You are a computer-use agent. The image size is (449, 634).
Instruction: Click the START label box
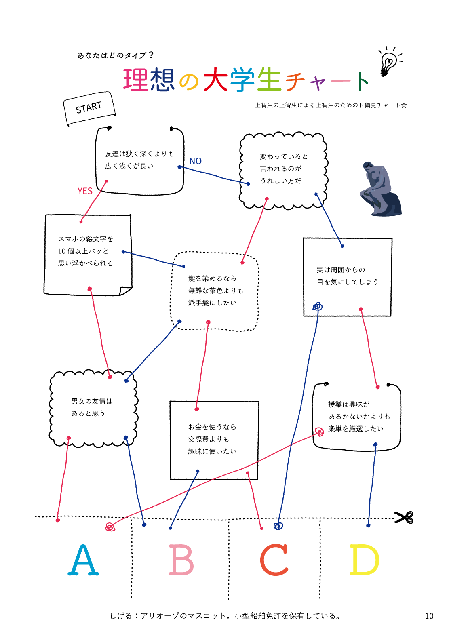coord(89,108)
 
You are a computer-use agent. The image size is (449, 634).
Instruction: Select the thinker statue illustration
coord(380,189)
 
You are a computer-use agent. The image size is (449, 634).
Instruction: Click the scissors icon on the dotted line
coord(404,518)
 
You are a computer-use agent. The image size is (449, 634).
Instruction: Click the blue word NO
coord(196,161)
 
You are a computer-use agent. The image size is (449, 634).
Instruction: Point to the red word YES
coord(85,191)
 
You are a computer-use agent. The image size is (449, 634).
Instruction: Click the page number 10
coord(429,616)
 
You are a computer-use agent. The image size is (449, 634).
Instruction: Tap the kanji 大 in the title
coord(215,80)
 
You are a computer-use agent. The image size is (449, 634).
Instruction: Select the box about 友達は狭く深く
coord(139,160)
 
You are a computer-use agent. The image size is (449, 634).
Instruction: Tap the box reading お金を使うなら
coord(214,440)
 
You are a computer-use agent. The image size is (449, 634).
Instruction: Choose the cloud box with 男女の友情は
coord(93,408)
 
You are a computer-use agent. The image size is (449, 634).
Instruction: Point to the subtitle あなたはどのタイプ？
coord(116,55)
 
